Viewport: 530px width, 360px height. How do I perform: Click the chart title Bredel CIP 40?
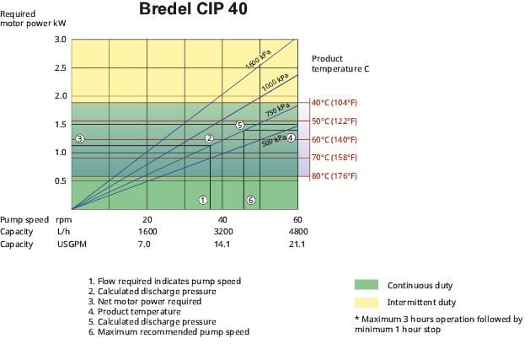pyautogui.click(x=193, y=10)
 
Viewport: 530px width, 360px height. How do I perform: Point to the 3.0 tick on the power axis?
pyautogui.click(x=60, y=40)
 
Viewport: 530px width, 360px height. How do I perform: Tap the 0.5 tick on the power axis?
pyautogui.click(x=60, y=180)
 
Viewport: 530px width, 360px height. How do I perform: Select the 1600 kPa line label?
pyautogui.click(x=257, y=60)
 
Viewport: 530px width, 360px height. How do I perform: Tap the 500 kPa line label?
pyautogui.click(x=273, y=139)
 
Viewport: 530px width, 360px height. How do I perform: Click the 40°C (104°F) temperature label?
pyautogui.click(x=335, y=103)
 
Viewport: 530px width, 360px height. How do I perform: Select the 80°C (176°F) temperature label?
pyautogui.click(x=335, y=175)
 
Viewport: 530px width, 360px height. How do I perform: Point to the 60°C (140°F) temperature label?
pyautogui.click(x=335, y=139)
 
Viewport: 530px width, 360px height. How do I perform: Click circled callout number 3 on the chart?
pyautogui.click(x=79, y=139)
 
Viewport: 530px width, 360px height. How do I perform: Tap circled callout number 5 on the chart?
pyautogui.click(x=239, y=125)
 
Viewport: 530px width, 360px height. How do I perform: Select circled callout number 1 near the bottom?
pyautogui.click(x=203, y=200)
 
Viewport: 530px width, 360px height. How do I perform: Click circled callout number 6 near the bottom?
pyautogui.click(x=250, y=200)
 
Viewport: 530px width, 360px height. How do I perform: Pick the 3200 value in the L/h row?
pyautogui.click(x=222, y=231)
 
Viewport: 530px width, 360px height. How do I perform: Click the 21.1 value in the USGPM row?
pyautogui.click(x=297, y=244)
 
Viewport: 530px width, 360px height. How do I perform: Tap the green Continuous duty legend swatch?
pyautogui.click(x=367, y=285)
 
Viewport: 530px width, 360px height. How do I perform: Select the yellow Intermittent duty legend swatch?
pyautogui.click(x=367, y=301)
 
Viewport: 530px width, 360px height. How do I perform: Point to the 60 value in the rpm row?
pyautogui.click(x=297, y=218)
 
